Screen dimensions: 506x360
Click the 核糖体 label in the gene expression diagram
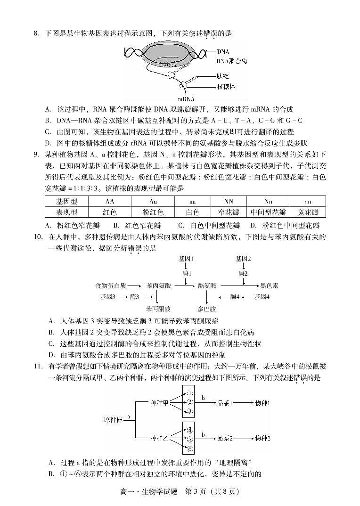(x=226, y=87)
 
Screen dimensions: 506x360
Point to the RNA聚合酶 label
(x=232, y=61)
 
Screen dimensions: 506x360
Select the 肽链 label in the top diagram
(x=223, y=76)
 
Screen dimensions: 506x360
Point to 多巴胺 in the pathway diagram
(x=207, y=309)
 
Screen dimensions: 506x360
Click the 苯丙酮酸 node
(x=158, y=309)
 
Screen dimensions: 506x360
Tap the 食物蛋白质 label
(x=110, y=286)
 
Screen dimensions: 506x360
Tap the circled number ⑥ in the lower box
(x=189, y=449)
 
